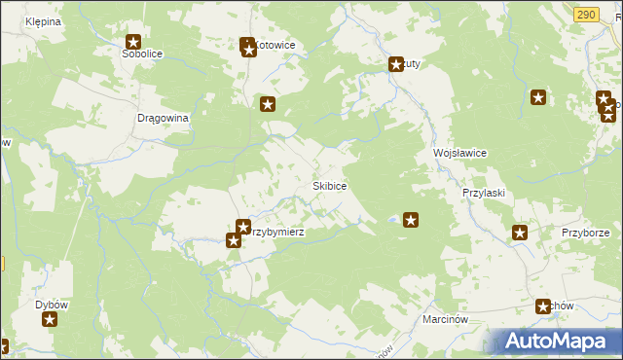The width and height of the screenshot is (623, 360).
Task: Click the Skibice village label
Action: pyautogui.click(x=330, y=185)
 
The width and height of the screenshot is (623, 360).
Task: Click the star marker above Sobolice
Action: pyautogui.click(x=133, y=42)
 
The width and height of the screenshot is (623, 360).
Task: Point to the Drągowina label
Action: pyautogui.click(x=162, y=117)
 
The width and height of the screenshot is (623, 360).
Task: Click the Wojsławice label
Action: pyautogui.click(x=459, y=154)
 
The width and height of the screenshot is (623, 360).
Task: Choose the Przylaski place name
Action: pyautogui.click(x=483, y=193)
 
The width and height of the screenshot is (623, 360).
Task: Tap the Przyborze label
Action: pyautogui.click(x=585, y=234)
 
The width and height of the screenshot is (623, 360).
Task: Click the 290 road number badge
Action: pyautogui.click(x=585, y=14)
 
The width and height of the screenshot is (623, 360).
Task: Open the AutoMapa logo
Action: pyautogui.click(x=551, y=342)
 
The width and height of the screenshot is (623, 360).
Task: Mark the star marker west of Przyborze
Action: pyautogui.click(x=520, y=233)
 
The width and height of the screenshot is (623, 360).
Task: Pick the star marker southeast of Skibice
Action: pyautogui.click(x=411, y=221)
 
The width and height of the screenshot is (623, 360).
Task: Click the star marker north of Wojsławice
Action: pyautogui.click(x=537, y=97)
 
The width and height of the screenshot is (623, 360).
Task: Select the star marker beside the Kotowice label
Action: pyautogui.click(x=247, y=46)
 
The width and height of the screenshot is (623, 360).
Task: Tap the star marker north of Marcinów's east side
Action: pyautogui.click(x=543, y=306)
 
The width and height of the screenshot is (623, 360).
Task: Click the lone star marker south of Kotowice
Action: pyautogui.click(x=268, y=104)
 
